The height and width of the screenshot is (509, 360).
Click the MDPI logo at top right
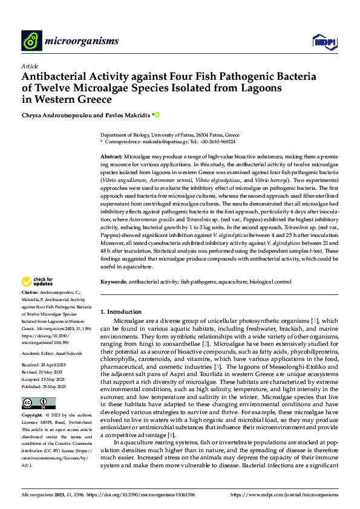pyautogui.click(x=324, y=41)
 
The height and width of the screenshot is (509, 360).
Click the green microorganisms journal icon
pyautogui.click(x=31, y=41)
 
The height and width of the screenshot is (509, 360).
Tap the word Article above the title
pyautogui.click(x=30, y=66)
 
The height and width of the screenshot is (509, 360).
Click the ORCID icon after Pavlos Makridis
pyautogui.click(x=159, y=114)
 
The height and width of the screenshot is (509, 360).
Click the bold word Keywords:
pyautogui.click(x=113, y=282)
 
